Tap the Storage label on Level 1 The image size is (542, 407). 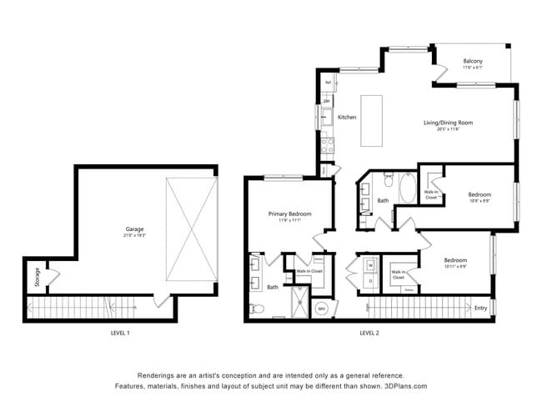[38, 277]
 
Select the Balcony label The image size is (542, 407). [473, 60]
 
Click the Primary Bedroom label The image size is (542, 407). [289, 214]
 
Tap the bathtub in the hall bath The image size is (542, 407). [408, 188]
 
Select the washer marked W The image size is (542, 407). [369, 266]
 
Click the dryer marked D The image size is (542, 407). [369, 281]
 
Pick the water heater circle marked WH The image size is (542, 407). [322, 309]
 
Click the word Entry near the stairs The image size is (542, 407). [480, 309]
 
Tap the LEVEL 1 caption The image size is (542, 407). [120, 333]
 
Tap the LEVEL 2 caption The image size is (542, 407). [369, 333]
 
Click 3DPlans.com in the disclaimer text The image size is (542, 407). [403, 387]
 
